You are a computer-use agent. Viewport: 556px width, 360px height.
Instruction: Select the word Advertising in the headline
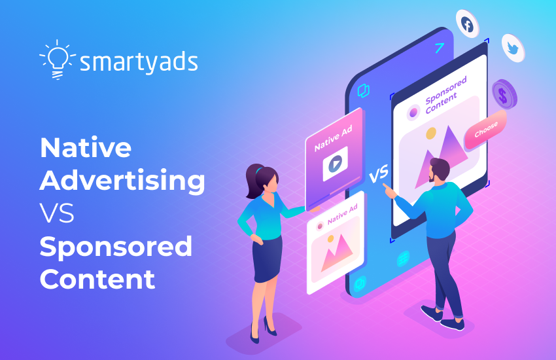tap(122, 181)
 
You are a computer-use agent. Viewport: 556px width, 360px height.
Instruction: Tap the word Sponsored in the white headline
tap(116, 247)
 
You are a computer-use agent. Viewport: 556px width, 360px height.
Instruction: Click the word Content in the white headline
tap(97, 279)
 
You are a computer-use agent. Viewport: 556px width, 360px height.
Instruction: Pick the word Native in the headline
tap(85, 147)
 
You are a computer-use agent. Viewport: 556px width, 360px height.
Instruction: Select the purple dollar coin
tap(504, 93)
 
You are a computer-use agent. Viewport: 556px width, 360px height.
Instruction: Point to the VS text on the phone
tap(379, 175)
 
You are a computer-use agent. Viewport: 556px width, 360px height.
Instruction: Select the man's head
tap(438, 171)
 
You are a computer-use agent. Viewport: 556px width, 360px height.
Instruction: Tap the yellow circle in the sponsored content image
tap(431, 134)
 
